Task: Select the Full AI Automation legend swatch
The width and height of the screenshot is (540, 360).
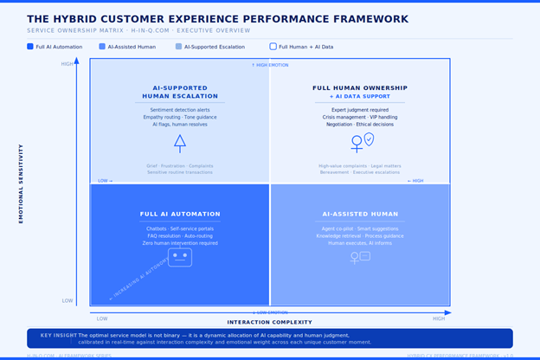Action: tap(30, 47)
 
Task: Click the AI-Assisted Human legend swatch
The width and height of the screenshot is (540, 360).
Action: tap(102, 47)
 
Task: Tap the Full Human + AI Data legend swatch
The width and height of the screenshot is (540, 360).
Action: tap(273, 47)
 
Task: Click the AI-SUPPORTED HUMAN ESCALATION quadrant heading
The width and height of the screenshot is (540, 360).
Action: tap(180, 92)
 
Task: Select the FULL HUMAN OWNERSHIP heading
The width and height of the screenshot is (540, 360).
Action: tap(359, 88)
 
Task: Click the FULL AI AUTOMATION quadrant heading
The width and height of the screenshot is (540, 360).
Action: tap(180, 214)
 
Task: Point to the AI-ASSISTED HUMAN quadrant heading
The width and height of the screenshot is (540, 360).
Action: tap(359, 214)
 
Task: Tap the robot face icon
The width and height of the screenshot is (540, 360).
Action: tap(180, 256)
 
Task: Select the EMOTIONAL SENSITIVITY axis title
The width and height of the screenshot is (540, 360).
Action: tap(22, 183)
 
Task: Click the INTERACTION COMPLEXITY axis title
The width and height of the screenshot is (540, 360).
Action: tap(270, 322)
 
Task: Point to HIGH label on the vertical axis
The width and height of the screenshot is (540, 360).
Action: tap(67, 64)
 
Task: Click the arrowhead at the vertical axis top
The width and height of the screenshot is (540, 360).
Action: tap(77, 61)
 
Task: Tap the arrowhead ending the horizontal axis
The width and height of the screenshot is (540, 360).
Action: tap(447, 312)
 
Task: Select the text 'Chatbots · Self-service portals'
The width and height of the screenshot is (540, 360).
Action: tap(180, 229)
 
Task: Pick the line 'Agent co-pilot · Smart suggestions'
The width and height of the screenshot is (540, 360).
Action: tap(359, 229)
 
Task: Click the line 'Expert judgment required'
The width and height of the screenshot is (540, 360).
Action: tap(359, 110)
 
